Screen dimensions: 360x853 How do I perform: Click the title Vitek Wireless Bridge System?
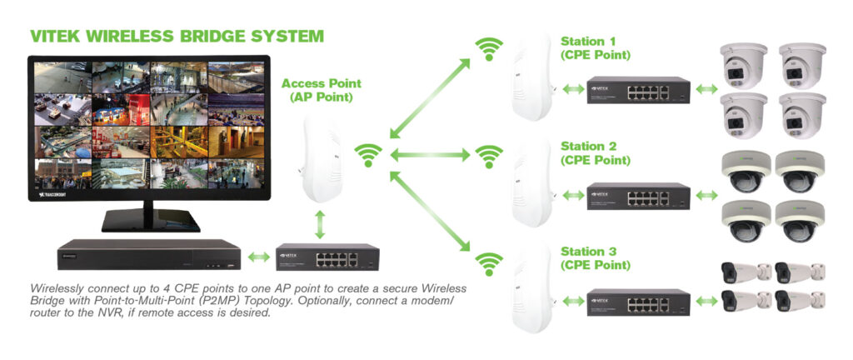177,37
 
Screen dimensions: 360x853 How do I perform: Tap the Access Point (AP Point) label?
321,90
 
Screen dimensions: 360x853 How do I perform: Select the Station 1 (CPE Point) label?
595,47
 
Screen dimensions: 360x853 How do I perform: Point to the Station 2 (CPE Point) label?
595,152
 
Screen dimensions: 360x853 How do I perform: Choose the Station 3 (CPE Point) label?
595,257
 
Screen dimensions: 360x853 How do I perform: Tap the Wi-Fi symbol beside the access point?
368,155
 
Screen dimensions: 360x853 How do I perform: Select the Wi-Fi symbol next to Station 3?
489,263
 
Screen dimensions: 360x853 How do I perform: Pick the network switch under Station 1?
638,90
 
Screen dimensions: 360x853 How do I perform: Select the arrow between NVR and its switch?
259,257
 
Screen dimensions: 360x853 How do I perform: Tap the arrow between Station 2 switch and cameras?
706,194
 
